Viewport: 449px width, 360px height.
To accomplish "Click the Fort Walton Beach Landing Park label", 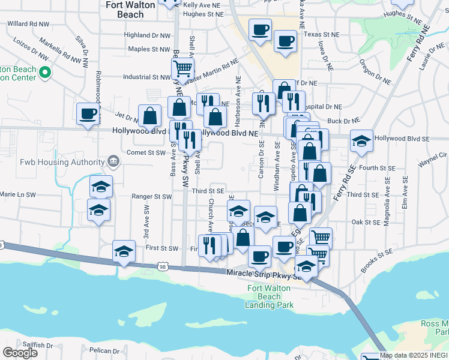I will (271, 296).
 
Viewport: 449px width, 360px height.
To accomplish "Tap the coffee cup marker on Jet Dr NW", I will (88, 113).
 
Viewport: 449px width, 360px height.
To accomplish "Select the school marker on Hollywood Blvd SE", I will (361, 141).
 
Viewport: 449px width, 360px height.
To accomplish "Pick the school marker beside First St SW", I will (124, 251).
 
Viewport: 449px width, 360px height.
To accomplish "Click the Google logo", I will (20, 353).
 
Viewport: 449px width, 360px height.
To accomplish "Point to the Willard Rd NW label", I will (27, 25).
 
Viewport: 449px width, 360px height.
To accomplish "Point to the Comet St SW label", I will (146, 153).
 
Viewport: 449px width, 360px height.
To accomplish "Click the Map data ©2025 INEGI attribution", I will (414, 355).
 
